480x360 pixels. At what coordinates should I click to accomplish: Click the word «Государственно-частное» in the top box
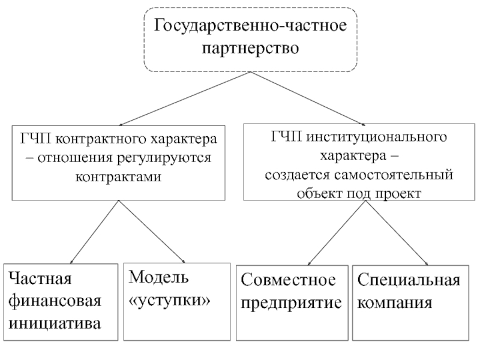click(250, 26)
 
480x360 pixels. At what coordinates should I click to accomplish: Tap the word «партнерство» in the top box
click(250, 49)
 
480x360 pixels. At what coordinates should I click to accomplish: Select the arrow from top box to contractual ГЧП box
click(185, 98)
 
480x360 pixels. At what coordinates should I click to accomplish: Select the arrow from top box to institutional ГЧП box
click(308, 98)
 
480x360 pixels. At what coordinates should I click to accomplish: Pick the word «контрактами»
click(118, 177)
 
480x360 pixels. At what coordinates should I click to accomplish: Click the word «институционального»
click(377, 137)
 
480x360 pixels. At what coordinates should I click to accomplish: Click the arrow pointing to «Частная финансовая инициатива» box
click(94, 232)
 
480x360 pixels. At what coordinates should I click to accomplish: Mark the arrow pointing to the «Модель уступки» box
click(152, 232)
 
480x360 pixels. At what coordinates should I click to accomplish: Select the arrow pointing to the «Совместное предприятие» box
click(337, 233)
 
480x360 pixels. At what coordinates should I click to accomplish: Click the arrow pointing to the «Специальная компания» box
click(397, 233)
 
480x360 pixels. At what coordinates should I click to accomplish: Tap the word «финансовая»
click(55, 302)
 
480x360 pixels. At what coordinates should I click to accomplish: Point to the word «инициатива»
click(55, 324)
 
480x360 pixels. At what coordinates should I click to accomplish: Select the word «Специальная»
click(409, 280)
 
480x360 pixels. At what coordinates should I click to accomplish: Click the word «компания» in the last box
click(395, 303)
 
